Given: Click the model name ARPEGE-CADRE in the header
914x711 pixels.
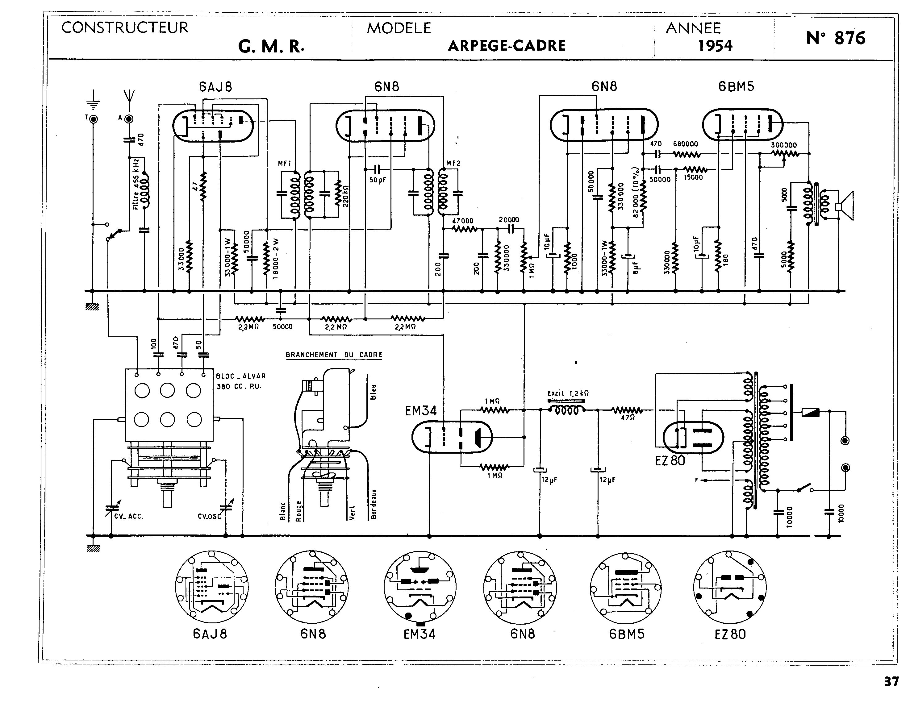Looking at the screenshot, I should click(x=506, y=46).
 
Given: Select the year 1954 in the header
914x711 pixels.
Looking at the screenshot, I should click(x=715, y=46).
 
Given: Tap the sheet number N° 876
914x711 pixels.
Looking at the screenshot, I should click(x=835, y=38).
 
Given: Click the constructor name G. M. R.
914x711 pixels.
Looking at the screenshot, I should click(x=271, y=47).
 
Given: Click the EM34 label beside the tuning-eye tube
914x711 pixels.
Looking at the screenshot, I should click(x=421, y=411).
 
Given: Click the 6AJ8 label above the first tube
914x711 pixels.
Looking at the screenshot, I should click(x=215, y=87).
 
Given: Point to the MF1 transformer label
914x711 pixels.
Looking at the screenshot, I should click(x=285, y=164).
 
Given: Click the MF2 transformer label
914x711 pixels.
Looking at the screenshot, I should click(x=453, y=163).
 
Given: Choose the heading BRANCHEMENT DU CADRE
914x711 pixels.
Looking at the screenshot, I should click(x=334, y=355).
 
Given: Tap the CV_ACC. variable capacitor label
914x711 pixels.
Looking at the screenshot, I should click(x=128, y=516).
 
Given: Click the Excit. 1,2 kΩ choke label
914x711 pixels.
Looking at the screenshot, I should click(x=568, y=393).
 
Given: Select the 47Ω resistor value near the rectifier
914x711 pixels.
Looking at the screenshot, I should click(x=628, y=417).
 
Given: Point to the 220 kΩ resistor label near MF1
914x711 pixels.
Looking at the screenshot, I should click(x=346, y=196).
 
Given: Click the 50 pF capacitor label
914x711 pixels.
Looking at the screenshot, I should click(x=378, y=180).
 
